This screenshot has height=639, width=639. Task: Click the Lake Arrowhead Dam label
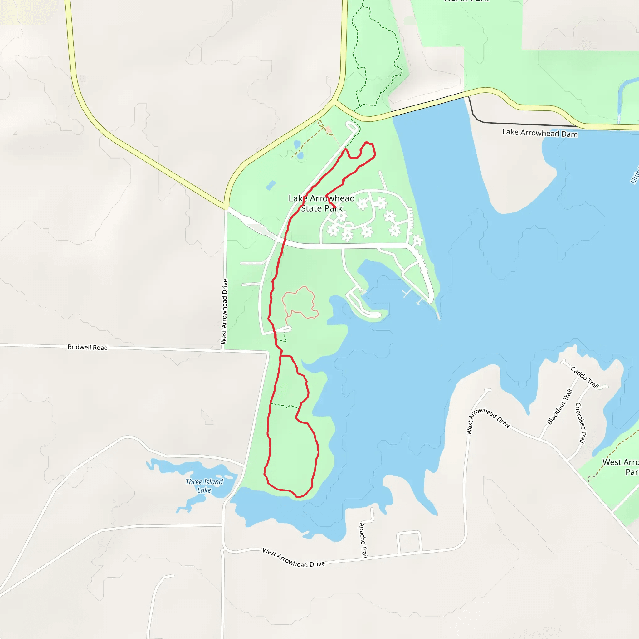point(540,133)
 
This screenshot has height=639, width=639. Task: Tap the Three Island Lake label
point(204,486)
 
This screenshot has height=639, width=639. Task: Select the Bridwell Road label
point(88,347)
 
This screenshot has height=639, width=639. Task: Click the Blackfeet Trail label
point(560,407)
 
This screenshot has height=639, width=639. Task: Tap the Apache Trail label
point(363,540)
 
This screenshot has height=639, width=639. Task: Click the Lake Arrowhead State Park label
point(321,203)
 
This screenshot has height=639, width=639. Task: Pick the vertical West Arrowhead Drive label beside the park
point(224,312)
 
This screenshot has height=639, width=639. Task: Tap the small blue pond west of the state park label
point(271,185)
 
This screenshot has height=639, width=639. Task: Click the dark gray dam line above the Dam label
point(529,124)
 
